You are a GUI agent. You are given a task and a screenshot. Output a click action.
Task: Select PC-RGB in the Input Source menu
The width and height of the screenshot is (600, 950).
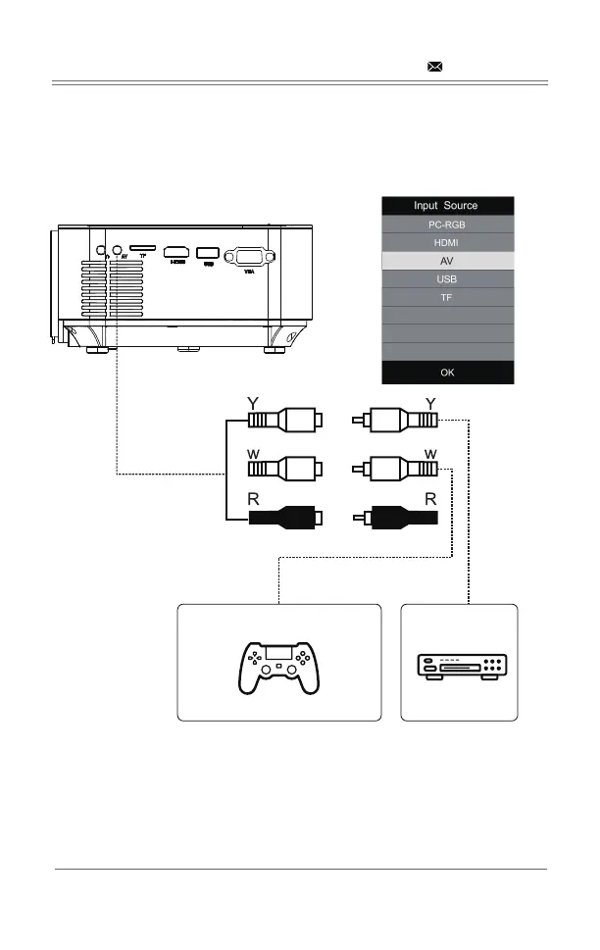pos(447,225)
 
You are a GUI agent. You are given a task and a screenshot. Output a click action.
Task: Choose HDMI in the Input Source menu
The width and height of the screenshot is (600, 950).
pos(447,243)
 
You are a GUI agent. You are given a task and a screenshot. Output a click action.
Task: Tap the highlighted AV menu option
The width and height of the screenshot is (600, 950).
pos(447,262)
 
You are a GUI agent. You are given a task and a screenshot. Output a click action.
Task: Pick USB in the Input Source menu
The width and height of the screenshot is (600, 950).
pos(447,280)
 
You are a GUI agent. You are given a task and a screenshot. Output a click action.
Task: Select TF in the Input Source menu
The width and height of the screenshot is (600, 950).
pos(447,298)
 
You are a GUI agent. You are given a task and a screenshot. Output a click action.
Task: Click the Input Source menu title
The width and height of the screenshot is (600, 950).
pos(447,206)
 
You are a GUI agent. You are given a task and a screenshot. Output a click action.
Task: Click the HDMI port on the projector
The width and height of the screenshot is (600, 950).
pos(177,252)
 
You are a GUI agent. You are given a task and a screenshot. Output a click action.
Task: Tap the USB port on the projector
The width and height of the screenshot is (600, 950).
pos(208,252)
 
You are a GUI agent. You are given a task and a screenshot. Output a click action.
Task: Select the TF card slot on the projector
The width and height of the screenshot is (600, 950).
pos(143,250)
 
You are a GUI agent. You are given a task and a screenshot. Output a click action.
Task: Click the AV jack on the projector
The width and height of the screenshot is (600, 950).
pos(119,250)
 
